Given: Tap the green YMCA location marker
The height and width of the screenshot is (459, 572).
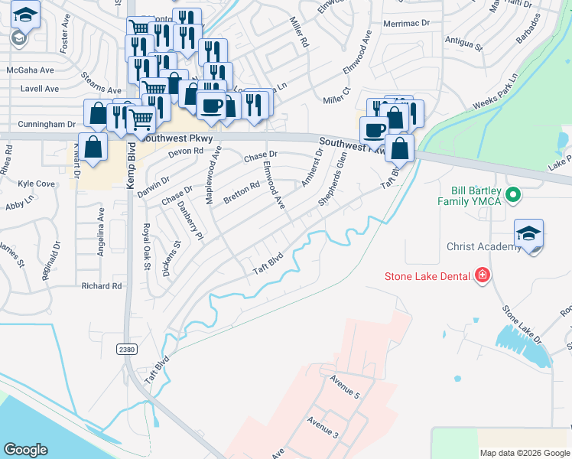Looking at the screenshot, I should [514, 196].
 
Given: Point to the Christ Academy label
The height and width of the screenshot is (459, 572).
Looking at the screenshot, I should [485, 247].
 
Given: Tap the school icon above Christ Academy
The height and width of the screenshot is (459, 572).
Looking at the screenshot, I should [529, 233].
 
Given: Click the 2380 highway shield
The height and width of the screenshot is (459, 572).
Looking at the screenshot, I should [128, 349].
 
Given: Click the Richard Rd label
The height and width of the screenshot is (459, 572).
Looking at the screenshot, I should [102, 286].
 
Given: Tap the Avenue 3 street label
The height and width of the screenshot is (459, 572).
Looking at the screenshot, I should [322, 428].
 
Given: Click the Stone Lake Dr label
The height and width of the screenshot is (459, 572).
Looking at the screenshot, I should [521, 325].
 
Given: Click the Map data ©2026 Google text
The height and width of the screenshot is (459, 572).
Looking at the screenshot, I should [524, 453].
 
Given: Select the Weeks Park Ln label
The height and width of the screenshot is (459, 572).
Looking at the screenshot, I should [496, 91].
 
